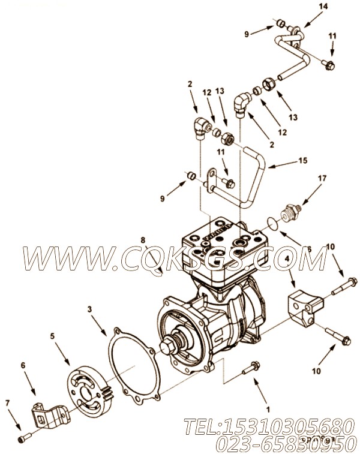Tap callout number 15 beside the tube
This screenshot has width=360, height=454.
pos(285,161)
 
